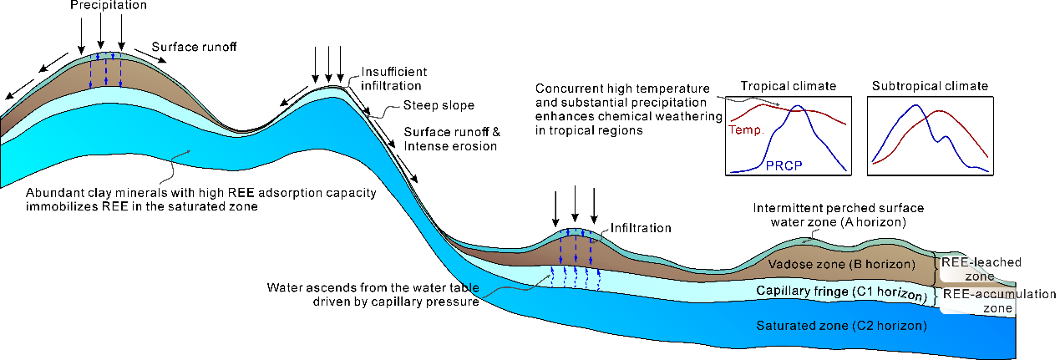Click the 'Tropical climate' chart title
coord(788,86)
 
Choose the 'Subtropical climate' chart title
coord(930,86)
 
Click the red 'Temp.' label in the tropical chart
coord(742,131)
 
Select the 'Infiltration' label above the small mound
coord(642,227)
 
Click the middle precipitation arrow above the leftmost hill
coord(100,31)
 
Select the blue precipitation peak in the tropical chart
coord(798,107)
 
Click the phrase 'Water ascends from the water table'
coord(373,287)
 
